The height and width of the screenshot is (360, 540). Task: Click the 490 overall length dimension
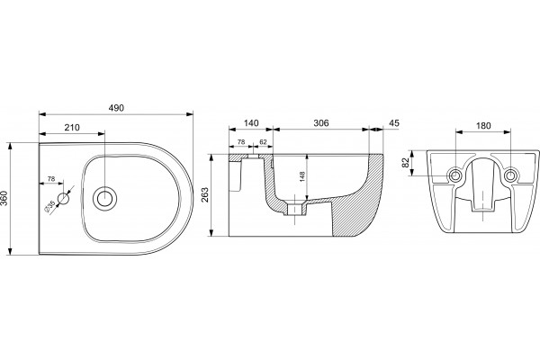coord(116,108)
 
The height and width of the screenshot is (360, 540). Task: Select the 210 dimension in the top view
coord(72,128)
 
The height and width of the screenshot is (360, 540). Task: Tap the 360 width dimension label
coord(4,198)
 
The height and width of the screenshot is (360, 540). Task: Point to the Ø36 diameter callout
coord(49,206)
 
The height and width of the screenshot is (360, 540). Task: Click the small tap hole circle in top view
coord(63,198)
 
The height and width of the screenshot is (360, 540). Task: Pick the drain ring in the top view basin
coord(104,199)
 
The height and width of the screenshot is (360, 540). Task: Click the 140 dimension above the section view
coord(251,123)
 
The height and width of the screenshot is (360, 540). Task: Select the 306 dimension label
coord(321,123)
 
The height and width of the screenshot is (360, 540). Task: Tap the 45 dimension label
coord(394,123)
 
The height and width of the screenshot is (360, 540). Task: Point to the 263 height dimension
coord(204,195)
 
